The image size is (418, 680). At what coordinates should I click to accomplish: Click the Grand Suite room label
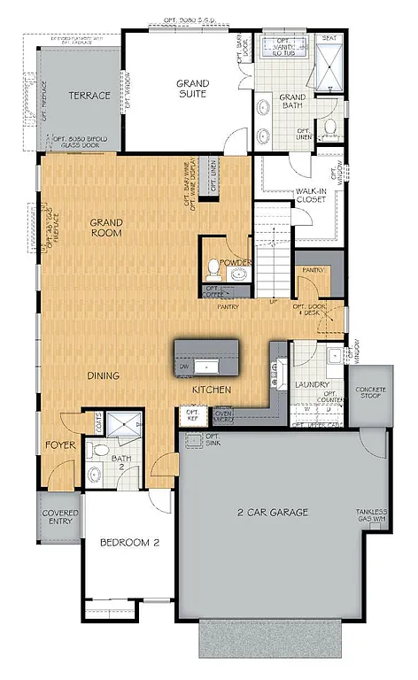191,88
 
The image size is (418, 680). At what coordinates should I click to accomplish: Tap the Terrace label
90,96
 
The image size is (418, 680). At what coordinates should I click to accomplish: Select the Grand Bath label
292,103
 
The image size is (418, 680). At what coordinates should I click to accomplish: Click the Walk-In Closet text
311,195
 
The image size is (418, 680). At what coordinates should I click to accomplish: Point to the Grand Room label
106,228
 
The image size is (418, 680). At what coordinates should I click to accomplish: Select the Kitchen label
213,390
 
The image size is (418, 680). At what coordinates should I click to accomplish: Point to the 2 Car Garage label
272,512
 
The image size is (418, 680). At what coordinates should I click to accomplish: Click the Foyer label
60,445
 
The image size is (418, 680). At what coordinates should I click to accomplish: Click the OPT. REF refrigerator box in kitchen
192,415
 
